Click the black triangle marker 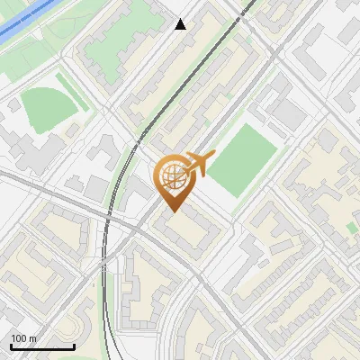pyautogui.click(x=181, y=24)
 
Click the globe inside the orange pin pyautogui.click(x=172, y=175)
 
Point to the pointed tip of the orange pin pyautogui.click(x=172, y=211)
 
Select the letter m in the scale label pyautogui.click(x=33, y=339)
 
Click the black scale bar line pyautogui.click(x=42, y=347)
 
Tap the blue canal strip pyautogui.click(x=27, y=22)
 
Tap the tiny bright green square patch pyautogui.click(x=351, y=228)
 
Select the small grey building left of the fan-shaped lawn pyautogui.click(x=14, y=105)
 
